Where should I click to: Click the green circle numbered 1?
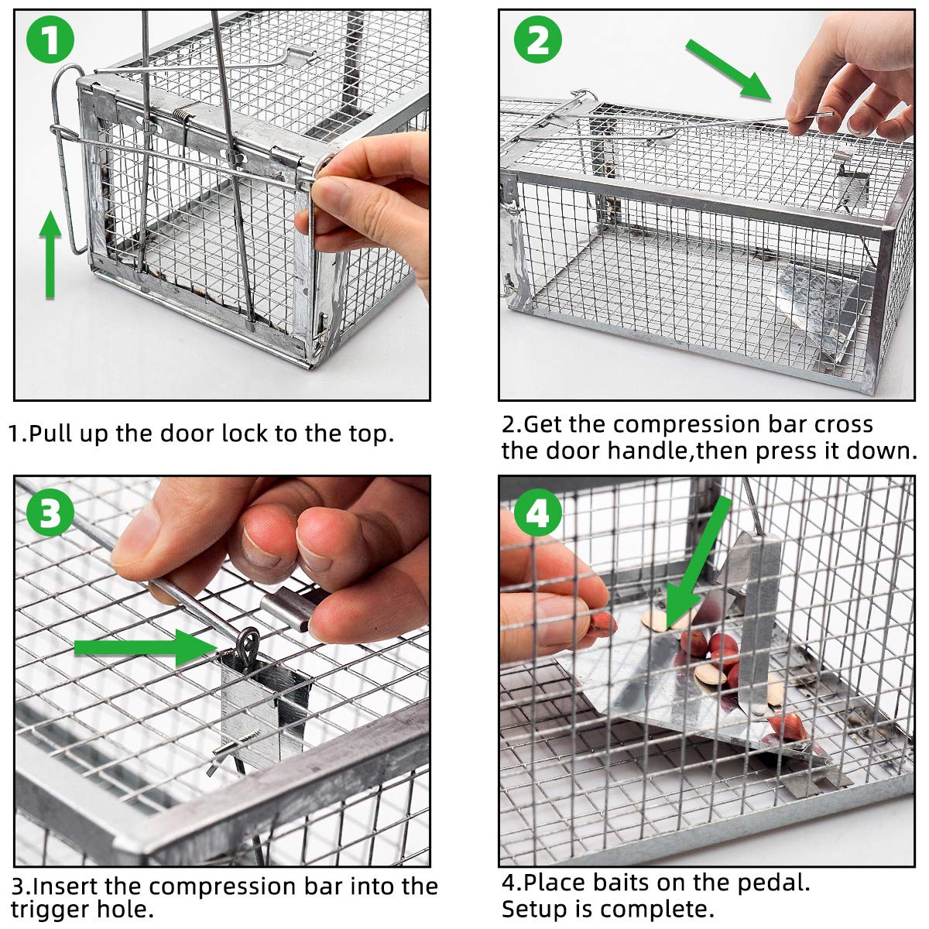51,40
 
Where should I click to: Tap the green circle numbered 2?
538,39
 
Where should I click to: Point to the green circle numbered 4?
538,512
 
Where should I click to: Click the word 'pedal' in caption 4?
770,882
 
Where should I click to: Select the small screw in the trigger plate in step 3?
225,747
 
